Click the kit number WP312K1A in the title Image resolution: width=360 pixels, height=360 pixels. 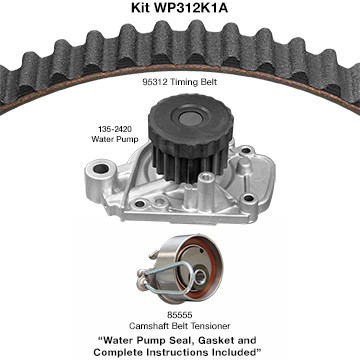189,8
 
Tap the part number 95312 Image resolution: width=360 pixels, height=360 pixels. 155,82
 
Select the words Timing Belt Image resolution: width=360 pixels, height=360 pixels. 194,82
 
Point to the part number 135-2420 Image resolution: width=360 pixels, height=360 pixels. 114,129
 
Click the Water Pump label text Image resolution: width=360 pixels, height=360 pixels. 115,139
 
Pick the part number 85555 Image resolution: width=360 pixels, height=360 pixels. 180,315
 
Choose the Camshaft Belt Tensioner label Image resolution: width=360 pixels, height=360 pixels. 180,326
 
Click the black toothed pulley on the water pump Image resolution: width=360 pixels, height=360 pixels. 190,133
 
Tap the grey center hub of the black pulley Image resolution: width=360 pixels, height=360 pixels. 189,118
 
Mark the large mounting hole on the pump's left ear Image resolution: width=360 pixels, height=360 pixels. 101,169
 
